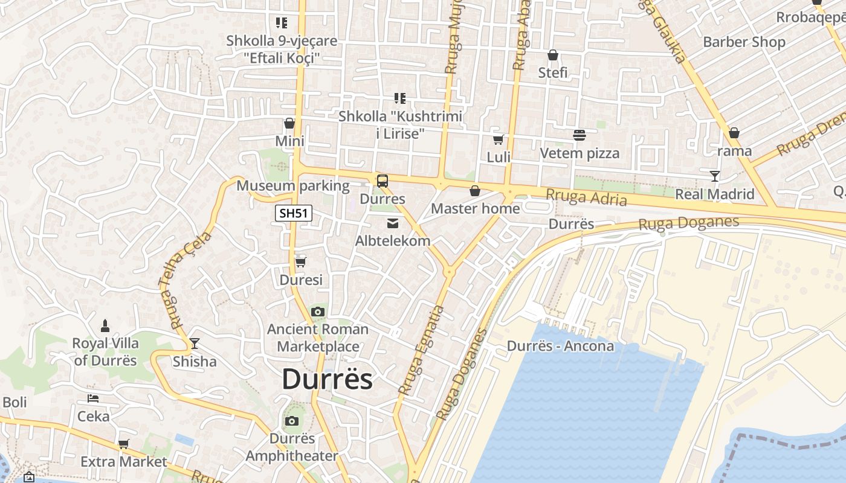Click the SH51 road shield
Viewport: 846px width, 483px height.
click(x=293, y=213)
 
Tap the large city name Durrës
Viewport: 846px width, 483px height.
click(x=327, y=380)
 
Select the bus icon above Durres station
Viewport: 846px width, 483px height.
click(x=382, y=181)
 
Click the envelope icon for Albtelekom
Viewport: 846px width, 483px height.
click(x=393, y=223)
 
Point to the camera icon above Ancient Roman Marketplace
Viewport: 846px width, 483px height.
click(x=317, y=312)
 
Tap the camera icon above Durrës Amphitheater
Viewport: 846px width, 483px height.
click(x=292, y=421)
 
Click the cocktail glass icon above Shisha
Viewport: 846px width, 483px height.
click(x=194, y=344)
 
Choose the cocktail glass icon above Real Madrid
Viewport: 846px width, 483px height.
click(x=715, y=176)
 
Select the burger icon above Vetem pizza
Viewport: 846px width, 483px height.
click(x=579, y=135)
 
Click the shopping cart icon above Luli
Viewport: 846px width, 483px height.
click(x=499, y=140)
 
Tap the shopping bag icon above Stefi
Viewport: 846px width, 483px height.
click(x=552, y=56)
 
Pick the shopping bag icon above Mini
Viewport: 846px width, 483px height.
click(x=289, y=124)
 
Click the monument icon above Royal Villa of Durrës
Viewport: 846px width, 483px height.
click(x=105, y=326)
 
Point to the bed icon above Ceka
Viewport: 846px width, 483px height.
click(x=93, y=398)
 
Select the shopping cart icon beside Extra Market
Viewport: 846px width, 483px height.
click(x=124, y=444)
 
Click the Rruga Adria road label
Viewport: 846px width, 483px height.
click(x=586, y=197)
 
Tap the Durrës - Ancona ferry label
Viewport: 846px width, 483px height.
click(x=560, y=346)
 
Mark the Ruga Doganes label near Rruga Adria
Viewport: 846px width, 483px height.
click(x=688, y=223)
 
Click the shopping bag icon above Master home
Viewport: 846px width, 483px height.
click(x=475, y=191)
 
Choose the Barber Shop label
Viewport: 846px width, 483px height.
click(x=744, y=42)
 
